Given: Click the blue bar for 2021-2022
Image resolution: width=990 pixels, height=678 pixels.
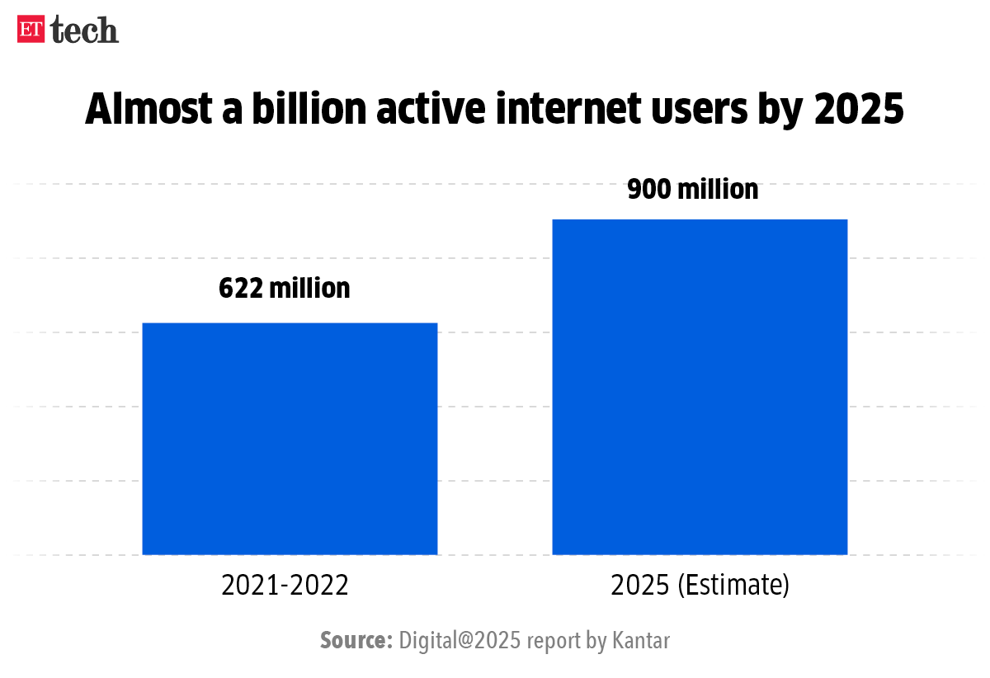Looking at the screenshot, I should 290,438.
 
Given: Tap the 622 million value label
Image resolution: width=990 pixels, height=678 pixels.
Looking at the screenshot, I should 285,288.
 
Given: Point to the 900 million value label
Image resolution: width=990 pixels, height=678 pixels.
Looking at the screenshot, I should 692,189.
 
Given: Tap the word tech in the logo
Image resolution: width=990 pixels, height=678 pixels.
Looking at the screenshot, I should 85,30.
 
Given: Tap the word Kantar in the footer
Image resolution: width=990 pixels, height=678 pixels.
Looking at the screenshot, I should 640,640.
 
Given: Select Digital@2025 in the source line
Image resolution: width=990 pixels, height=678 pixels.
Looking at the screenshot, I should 460,640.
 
